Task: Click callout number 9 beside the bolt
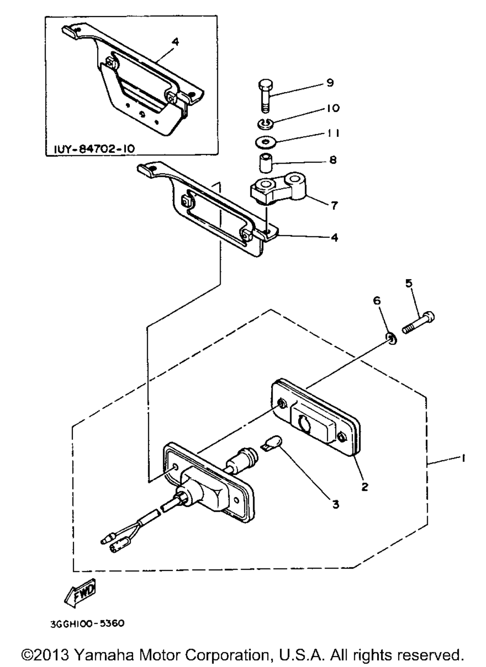330,83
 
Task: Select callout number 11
333,133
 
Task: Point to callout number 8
333,160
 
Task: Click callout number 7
334,205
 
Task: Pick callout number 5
409,283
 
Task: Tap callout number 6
377,301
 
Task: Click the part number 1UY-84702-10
94,148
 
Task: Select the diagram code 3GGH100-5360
87,620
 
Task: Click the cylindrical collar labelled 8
265,163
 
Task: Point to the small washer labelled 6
391,338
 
